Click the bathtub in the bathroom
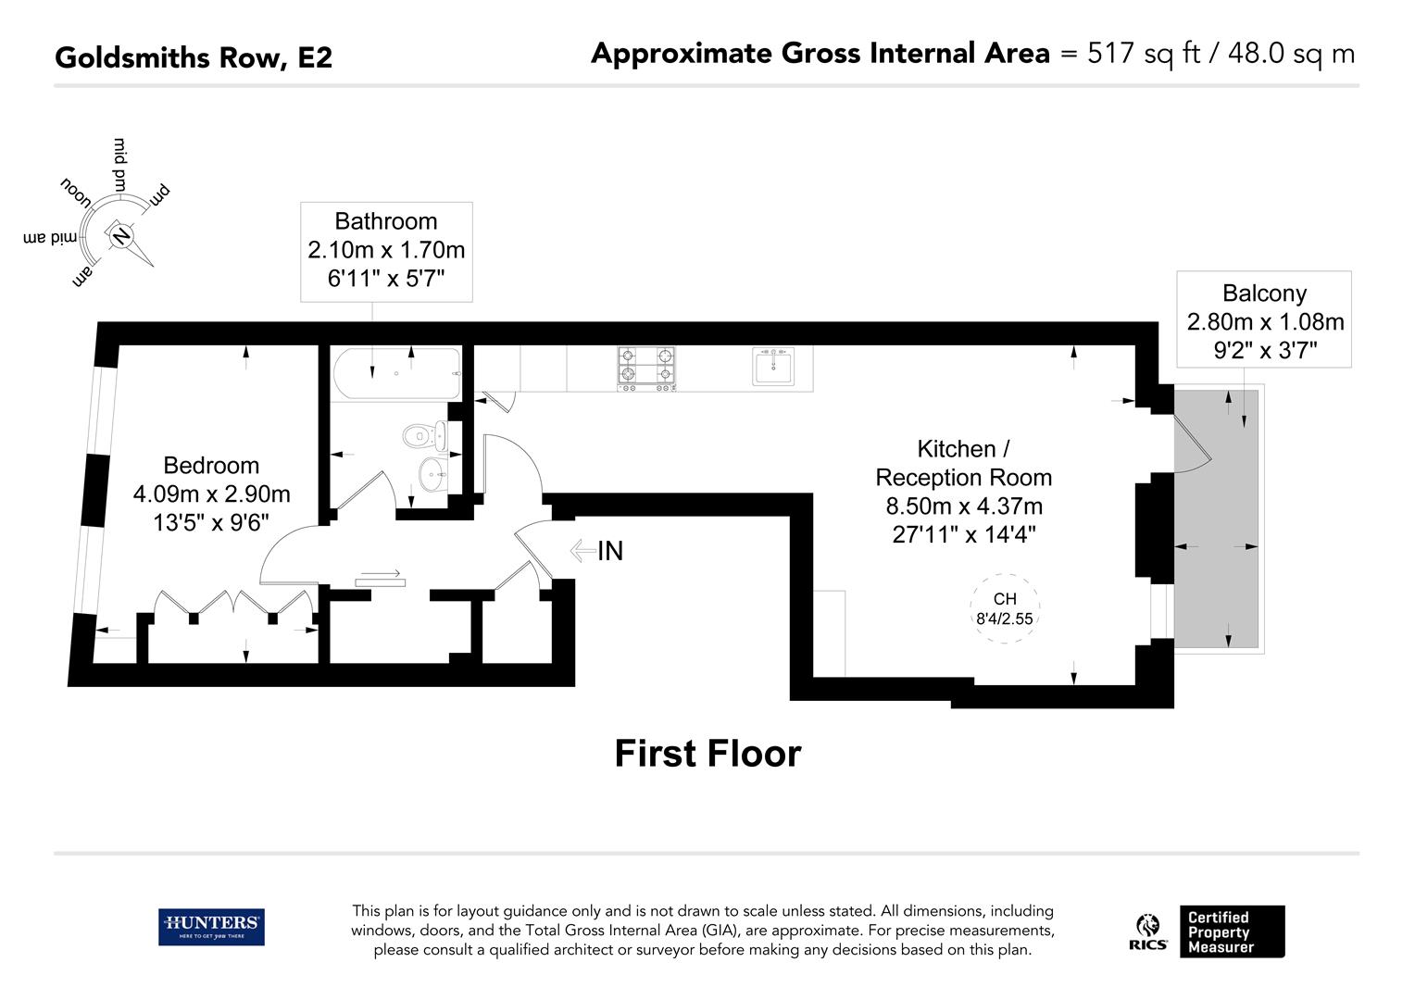(x=396, y=373)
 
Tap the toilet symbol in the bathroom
(x=424, y=436)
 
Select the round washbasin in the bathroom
(x=432, y=474)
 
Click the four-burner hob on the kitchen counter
(x=645, y=369)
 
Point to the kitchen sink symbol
(x=773, y=367)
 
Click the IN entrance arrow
(x=582, y=550)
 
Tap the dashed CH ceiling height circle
(x=1005, y=607)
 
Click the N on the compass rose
(x=120, y=237)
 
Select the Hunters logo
(x=211, y=927)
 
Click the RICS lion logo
(x=1147, y=931)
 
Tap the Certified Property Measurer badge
(x=1232, y=931)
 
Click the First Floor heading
(x=707, y=753)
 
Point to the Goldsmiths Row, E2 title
(x=194, y=57)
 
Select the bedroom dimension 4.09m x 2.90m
(x=212, y=494)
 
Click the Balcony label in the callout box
(x=1264, y=294)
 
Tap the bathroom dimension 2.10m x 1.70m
(x=386, y=250)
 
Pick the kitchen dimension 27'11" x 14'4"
(x=964, y=534)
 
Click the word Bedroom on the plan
(x=211, y=466)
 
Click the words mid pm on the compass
(x=120, y=164)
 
